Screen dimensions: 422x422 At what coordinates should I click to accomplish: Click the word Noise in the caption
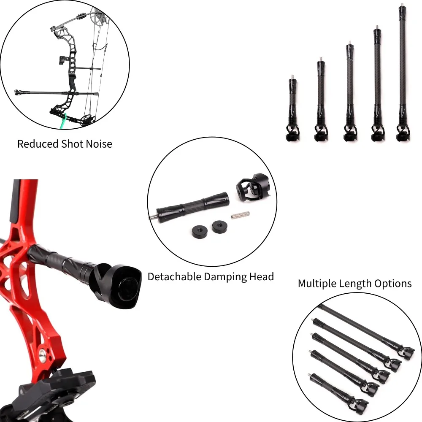click(x=99, y=144)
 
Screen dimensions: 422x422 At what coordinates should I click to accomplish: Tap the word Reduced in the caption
click(x=38, y=144)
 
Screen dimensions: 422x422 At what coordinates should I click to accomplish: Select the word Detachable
click(x=174, y=277)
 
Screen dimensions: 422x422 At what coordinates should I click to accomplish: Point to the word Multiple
click(x=317, y=284)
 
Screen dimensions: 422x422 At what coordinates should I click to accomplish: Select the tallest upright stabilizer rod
click(x=403, y=73)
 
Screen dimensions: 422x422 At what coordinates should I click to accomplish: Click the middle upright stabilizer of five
click(x=350, y=92)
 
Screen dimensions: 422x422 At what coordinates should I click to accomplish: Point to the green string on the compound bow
click(x=64, y=121)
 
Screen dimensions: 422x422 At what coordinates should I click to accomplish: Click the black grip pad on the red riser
click(x=16, y=200)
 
